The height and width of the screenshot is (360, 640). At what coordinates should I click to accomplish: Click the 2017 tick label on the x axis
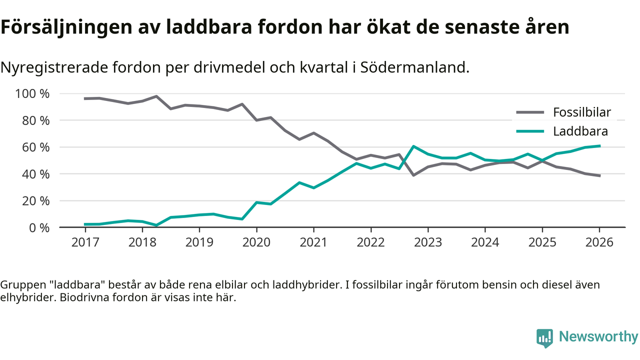click(x=85, y=242)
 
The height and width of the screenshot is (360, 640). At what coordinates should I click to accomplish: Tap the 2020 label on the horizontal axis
click(x=256, y=242)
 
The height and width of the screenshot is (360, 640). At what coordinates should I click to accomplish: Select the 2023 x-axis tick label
click(x=427, y=242)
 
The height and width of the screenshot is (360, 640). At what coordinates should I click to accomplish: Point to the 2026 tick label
click(x=599, y=242)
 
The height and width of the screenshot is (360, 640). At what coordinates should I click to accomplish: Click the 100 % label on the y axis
click(x=32, y=94)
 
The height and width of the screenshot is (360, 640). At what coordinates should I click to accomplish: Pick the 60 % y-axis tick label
click(x=35, y=147)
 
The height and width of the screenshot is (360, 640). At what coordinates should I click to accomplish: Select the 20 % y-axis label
click(x=35, y=201)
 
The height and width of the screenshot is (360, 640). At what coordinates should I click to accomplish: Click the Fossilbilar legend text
click(x=581, y=112)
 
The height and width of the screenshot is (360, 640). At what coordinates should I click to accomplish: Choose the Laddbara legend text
click(x=580, y=131)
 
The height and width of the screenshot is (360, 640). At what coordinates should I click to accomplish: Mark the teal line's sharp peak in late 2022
click(x=413, y=146)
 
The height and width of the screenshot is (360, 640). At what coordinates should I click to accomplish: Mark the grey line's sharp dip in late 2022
click(x=413, y=175)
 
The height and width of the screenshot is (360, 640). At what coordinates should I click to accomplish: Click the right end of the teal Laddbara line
click(x=599, y=146)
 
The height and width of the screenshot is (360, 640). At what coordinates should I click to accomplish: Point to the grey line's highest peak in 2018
click(x=156, y=96)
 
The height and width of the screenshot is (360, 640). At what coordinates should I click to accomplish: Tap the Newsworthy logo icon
click(x=544, y=338)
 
